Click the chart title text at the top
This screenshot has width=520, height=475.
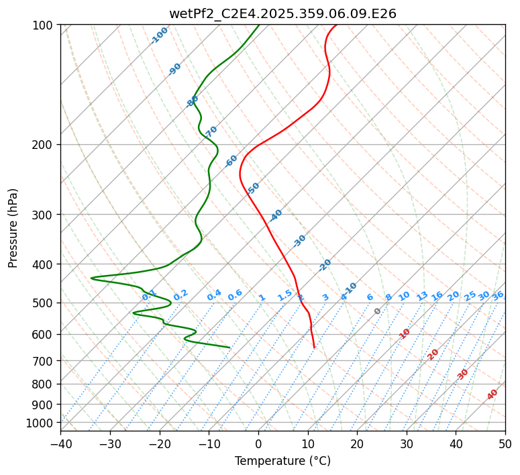282,13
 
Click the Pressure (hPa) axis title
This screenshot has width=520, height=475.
13,228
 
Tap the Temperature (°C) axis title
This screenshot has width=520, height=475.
282,461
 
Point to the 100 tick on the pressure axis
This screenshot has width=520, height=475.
44,25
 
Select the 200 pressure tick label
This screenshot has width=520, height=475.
44,144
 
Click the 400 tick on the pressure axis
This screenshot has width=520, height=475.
44,264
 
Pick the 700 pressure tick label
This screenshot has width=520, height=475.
44,361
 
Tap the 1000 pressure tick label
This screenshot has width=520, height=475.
42,423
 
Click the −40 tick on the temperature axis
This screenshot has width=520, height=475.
60,443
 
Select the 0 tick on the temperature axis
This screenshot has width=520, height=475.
258,443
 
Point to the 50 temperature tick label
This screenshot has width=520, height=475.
505,443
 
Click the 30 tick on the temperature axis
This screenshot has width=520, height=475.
407,443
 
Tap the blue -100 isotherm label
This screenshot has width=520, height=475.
160,35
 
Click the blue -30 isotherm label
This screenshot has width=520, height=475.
299,240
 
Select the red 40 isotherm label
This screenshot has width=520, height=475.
492,394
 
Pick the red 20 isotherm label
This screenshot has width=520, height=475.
433,354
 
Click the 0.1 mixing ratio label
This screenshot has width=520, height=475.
149,295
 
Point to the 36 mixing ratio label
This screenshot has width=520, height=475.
498,295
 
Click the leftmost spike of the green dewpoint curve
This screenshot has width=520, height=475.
91,278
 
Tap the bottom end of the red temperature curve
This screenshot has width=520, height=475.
314,347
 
